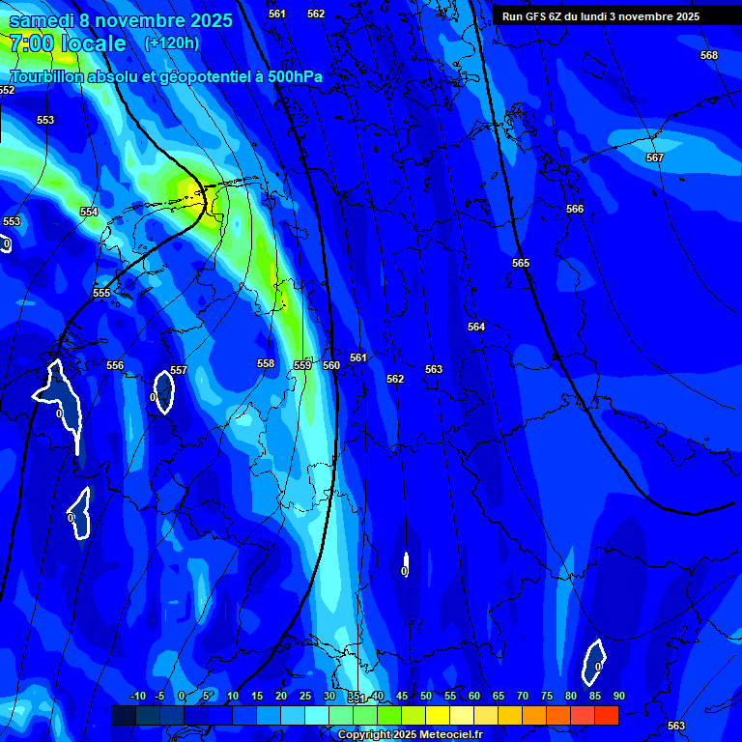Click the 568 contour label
pyautogui.click(x=709, y=55)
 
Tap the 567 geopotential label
pyautogui.click(x=655, y=157)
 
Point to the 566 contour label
pyautogui.click(x=575, y=209)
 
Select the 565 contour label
pyautogui.click(x=521, y=263)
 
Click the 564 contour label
pyautogui.click(x=476, y=327)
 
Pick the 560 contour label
pyautogui.click(x=331, y=365)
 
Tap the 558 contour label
pyautogui.click(x=266, y=363)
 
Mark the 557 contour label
pyautogui.click(x=179, y=370)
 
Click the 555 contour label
pyautogui.click(x=101, y=293)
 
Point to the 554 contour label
pyautogui.click(x=89, y=212)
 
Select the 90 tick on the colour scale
pyautogui.click(x=618, y=696)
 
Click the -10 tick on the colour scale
pyautogui.click(x=137, y=696)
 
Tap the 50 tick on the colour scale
pyautogui.click(x=426, y=696)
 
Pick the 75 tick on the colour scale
pyautogui.click(x=547, y=696)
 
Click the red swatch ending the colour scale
pyautogui.click(x=606, y=715)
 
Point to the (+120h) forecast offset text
pyautogui.click(x=171, y=43)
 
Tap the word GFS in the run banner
pyautogui.click(x=537, y=16)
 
